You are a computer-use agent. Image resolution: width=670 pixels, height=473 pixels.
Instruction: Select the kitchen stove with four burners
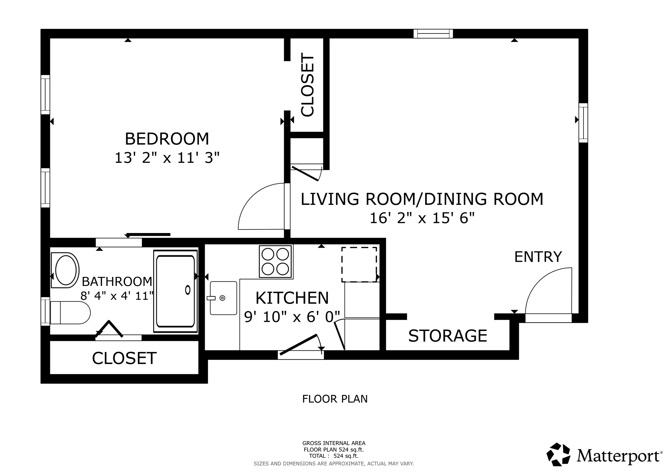[275, 261]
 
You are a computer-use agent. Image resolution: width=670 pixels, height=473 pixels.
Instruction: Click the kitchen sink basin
[223, 298]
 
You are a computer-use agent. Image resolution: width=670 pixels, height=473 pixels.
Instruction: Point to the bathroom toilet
[70, 313]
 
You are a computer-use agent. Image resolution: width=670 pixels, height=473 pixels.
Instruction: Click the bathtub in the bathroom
[175, 291]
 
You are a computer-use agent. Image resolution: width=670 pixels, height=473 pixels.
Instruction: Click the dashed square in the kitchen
[359, 265]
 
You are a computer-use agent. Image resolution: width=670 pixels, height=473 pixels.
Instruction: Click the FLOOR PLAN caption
[335, 399]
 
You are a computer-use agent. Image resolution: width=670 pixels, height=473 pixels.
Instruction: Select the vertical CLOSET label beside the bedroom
[307, 85]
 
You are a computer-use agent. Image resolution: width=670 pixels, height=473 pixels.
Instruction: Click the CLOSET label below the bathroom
[124, 358]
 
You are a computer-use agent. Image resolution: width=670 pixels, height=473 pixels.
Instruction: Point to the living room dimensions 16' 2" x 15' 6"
[422, 218]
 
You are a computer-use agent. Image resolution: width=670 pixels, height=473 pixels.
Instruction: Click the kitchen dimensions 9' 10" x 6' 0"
[292, 317]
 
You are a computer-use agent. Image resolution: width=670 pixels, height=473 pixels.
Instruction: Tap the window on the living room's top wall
[433, 34]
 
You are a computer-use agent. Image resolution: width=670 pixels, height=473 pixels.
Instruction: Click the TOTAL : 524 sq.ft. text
[334, 456]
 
